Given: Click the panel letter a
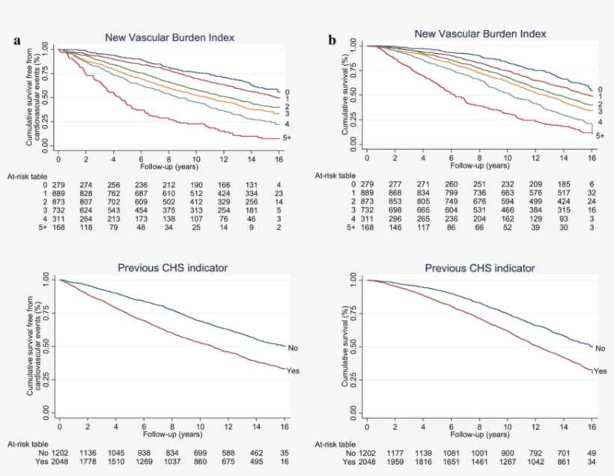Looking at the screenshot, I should [16, 41].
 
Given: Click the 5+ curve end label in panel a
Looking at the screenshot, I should [287, 139].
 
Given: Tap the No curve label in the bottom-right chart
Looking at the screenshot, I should [600, 348].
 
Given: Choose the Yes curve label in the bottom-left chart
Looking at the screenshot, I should [293, 370].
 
